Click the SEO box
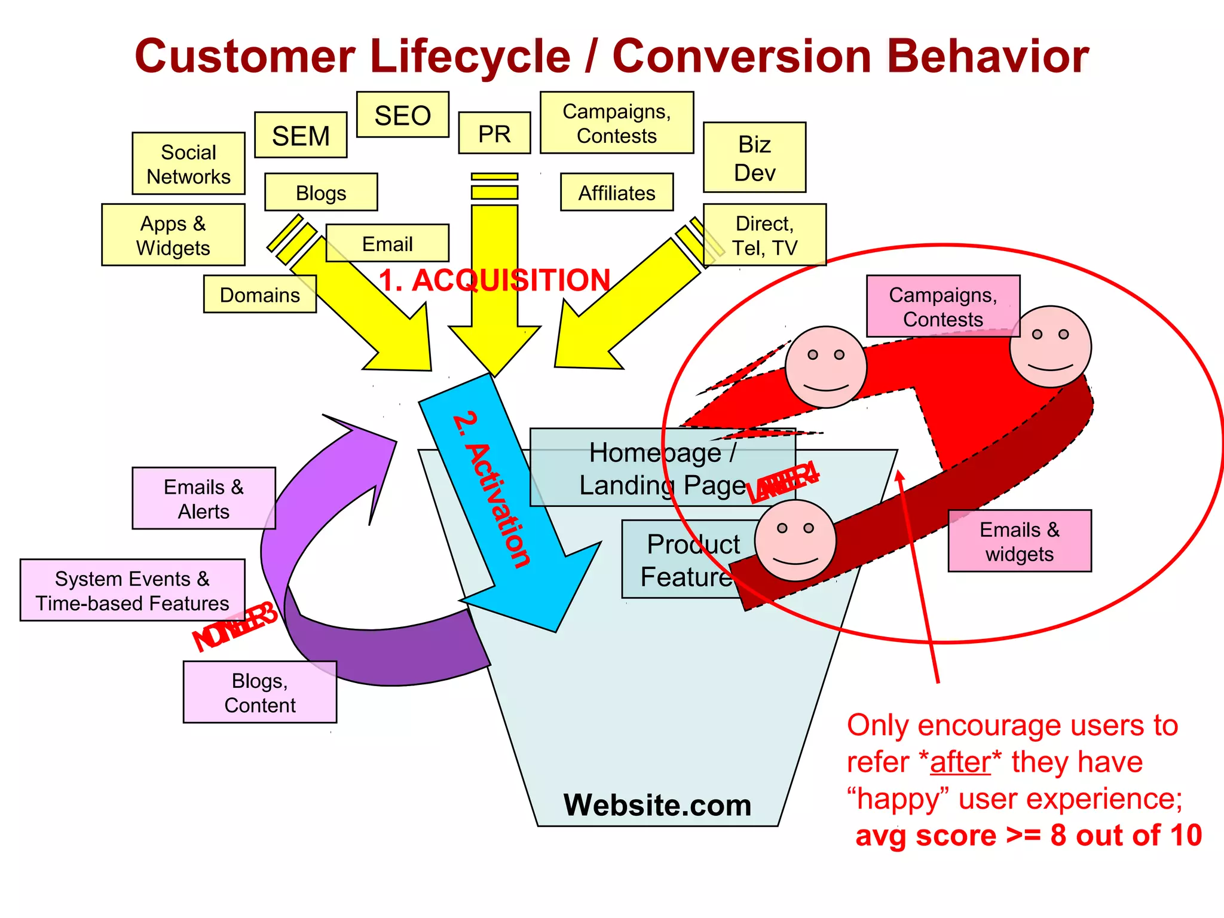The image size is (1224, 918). tap(402, 115)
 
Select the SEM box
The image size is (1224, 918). tap(301, 135)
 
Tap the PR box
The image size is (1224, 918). tap(494, 133)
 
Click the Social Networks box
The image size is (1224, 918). tap(188, 164)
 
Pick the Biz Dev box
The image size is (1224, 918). tap(754, 158)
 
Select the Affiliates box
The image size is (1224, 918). tap(617, 192)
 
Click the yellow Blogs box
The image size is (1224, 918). tap(321, 192)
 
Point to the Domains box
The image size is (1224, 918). tap(259, 294)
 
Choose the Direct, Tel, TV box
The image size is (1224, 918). tap(764, 235)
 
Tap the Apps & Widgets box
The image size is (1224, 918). tap(173, 235)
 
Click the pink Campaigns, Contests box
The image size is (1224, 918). tap(943, 306)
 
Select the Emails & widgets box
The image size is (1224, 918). tap(1020, 541)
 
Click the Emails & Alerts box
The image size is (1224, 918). tap(204, 498)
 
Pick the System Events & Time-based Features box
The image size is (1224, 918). tap(132, 590)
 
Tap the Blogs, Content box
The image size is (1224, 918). tap(260, 692)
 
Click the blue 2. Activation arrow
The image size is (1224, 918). tap(508, 508)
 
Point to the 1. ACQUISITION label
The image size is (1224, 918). tap(494, 280)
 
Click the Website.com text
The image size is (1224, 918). tap(657, 804)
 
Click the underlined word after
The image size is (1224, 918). tap(960, 762)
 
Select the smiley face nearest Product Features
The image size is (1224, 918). tap(795, 541)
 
